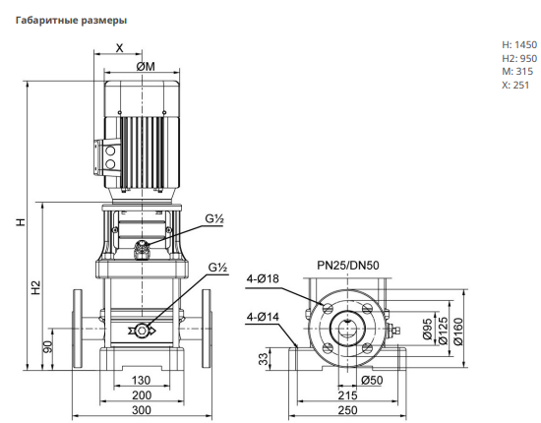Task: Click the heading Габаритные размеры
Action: (72, 21)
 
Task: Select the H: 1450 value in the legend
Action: (519, 45)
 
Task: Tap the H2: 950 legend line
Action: (519, 58)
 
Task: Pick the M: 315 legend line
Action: (517, 72)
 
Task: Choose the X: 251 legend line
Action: (515, 85)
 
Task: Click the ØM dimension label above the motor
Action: (146, 66)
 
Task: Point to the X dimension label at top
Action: (119, 48)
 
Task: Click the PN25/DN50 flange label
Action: (348, 266)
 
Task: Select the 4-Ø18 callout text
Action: (263, 278)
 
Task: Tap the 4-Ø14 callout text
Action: (263, 317)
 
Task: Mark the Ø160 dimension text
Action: (458, 332)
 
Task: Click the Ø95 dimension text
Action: (428, 330)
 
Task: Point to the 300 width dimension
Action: (142, 410)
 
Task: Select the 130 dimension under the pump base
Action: (141, 381)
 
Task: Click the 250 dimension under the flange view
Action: (347, 410)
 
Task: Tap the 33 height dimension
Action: (264, 359)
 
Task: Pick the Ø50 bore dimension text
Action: (372, 381)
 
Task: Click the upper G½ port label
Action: (214, 218)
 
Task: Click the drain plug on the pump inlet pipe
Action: (142, 331)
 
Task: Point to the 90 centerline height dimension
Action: (48, 346)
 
